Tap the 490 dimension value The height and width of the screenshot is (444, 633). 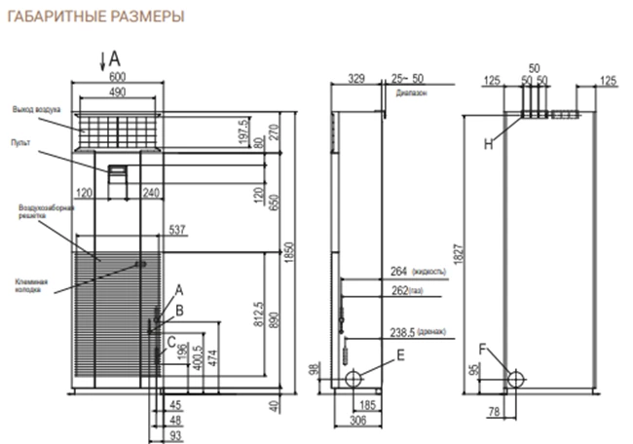[x=118, y=92]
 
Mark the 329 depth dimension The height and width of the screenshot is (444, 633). [x=355, y=78]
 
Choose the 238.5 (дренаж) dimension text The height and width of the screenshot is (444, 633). [x=416, y=331]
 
